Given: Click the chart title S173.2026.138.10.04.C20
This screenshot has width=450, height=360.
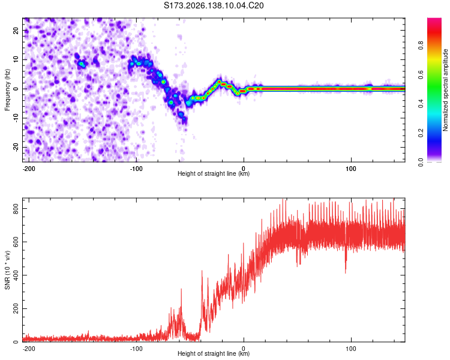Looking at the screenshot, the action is pos(214,5).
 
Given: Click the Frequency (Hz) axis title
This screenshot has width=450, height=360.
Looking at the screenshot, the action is pos(7,89).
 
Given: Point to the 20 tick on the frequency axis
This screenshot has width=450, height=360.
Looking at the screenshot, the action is pos(16,31).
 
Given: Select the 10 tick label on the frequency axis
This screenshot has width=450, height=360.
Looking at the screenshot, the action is pos(16,59).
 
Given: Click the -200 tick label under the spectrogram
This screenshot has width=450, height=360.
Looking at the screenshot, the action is pos(29,169).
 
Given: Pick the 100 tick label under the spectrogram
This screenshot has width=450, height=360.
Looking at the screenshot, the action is pos(351,169).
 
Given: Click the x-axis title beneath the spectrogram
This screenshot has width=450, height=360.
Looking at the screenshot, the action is pos(214,173).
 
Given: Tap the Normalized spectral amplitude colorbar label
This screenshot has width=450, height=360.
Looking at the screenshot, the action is pos(445,90).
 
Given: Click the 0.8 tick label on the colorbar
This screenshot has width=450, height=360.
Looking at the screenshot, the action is pos(421,46).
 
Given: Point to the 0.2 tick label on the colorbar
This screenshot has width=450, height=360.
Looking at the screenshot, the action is pos(421,133).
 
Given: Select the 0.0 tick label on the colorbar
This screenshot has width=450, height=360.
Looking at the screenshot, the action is pos(421,162).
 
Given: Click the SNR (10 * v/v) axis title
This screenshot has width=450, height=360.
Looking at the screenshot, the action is pos(7,270).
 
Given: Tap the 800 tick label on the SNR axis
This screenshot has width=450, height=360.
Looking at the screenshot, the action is pos(16,209).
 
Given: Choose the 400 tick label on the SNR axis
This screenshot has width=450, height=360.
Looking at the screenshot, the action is pos(16,275).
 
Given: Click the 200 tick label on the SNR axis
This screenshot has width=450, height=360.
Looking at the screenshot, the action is pos(16,308).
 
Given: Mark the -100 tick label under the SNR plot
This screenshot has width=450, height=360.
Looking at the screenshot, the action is pos(136,349).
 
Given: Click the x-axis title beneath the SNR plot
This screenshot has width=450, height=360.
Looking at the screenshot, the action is pos(214,353).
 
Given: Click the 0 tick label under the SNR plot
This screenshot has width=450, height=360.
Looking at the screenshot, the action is pos(244,349).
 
